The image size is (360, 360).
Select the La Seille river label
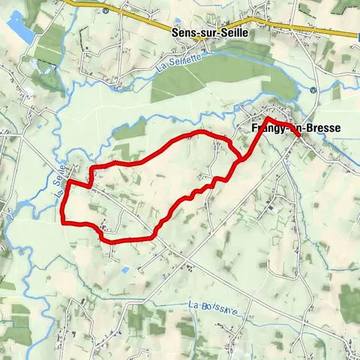61,183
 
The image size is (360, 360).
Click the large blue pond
20,29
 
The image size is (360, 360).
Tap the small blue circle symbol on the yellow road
106,11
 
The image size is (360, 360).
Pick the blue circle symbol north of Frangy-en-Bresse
313,89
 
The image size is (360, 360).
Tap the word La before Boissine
193,305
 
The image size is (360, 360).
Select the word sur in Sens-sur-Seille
203,33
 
